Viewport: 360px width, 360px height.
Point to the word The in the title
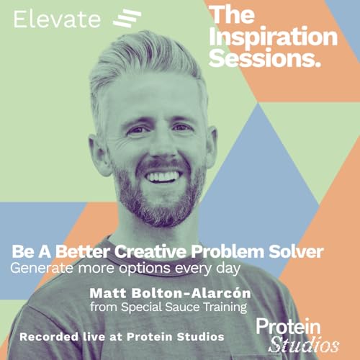(231, 14)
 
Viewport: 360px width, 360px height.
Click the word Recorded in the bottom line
(48, 336)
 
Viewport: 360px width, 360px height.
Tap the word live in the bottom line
(91, 336)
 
